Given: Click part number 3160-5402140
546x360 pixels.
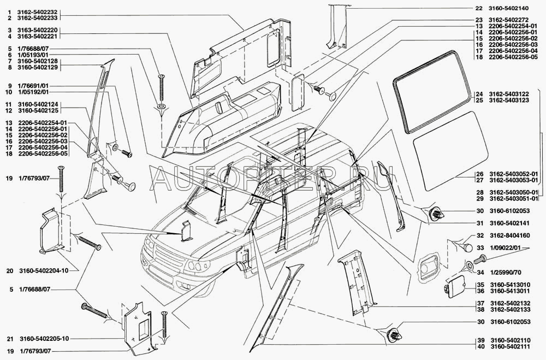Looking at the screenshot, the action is click(x=509, y=8).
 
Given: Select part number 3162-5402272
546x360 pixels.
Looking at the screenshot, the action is click(x=509, y=20).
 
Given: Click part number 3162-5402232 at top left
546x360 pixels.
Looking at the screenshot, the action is click(x=38, y=12).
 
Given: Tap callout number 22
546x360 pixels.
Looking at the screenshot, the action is click(x=479, y=8).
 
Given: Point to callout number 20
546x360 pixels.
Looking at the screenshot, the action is click(x=10, y=270).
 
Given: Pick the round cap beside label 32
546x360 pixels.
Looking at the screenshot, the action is click(x=468, y=247).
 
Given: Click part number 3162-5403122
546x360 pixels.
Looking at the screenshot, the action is click(x=509, y=94).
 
